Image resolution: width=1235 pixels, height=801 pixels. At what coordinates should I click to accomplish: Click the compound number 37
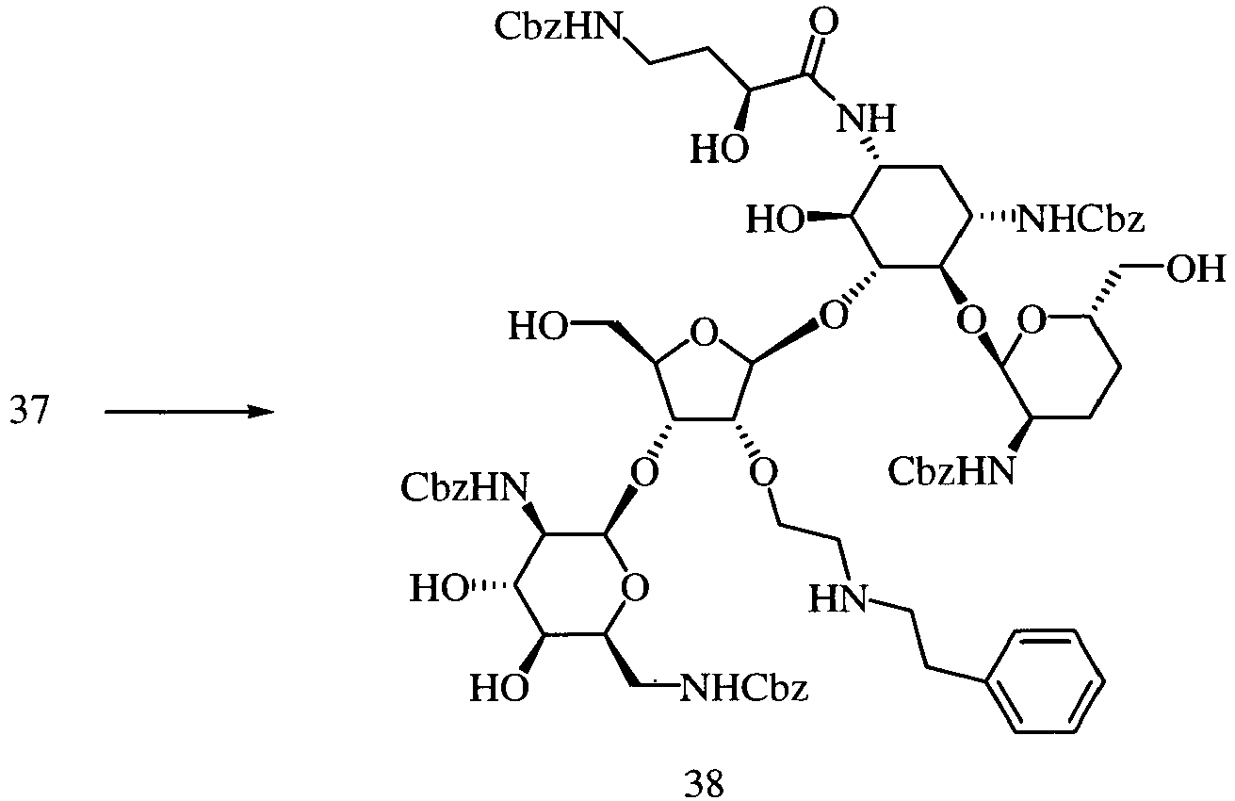[x=29, y=412]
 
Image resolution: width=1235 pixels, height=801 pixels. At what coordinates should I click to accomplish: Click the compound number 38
[x=704, y=784]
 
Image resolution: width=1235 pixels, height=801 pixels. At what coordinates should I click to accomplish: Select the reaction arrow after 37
[x=189, y=412]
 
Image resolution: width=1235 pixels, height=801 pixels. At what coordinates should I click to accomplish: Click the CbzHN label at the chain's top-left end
[x=558, y=26]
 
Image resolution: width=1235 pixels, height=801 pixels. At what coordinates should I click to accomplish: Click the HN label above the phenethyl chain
[x=837, y=598]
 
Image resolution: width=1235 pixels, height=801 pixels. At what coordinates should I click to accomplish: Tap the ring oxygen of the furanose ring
[x=704, y=333]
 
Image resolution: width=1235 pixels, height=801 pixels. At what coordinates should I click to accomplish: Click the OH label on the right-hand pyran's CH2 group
[x=1195, y=270]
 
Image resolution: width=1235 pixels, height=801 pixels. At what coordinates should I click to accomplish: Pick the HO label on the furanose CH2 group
[x=538, y=326]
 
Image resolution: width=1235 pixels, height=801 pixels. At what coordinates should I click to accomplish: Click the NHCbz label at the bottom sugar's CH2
[x=744, y=688]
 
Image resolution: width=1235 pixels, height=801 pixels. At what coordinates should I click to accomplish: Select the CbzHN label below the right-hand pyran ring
[x=951, y=472]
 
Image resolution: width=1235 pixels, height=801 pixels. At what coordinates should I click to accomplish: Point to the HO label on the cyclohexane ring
[x=776, y=220]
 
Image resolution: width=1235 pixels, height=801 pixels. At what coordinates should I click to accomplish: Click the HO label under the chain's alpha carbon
[x=720, y=149]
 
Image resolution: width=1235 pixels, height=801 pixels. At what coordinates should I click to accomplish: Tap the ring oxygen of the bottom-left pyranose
[x=634, y=587]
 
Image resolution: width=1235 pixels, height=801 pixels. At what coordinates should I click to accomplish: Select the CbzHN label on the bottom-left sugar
[x=464, y=487]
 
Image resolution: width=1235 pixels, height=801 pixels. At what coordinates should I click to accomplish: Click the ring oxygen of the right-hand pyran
[x=1032, y=320]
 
